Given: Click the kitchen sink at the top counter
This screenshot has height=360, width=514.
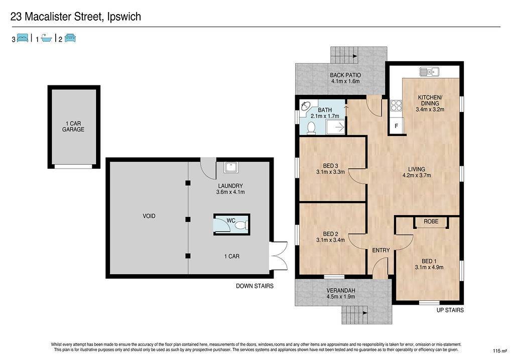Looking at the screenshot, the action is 429,71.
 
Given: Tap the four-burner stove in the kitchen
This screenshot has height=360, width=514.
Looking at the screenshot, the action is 396,106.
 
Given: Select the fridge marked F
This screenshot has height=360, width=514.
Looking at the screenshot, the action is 397,126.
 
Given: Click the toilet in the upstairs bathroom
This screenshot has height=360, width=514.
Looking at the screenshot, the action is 311,128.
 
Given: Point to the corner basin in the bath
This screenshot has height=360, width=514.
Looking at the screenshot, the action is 305,106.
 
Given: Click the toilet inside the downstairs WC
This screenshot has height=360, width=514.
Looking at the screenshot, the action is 241,225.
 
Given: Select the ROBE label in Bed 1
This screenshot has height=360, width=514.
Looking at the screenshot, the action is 431,221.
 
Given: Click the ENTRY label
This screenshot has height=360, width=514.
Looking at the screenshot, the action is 381,250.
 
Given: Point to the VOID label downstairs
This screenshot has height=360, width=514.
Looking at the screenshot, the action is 149,216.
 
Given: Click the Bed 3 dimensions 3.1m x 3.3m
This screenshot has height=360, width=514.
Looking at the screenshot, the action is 330,172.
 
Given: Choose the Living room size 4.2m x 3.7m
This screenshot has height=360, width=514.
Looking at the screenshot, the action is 417,175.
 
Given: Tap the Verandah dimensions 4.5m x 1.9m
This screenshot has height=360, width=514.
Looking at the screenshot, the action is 341,296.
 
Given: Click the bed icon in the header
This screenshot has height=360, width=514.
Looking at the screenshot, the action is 22,38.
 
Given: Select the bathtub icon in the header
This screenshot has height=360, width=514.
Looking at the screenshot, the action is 47,38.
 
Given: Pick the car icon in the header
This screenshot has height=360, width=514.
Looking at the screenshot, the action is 70,38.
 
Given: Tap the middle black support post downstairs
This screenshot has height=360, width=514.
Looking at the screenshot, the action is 188,219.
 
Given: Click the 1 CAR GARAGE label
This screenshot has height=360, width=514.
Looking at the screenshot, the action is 73,126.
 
